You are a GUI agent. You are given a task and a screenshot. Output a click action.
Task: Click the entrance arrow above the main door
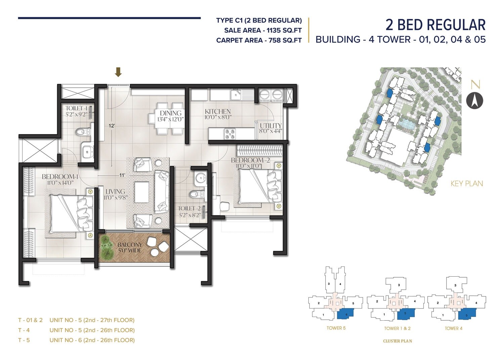[x=118, y=72]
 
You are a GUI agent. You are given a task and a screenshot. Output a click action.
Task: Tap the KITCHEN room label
[x=218, y=111]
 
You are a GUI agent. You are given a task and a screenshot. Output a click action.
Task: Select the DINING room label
[x=170, y=113]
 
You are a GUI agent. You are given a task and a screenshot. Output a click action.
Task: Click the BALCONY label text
[x=130, y=245]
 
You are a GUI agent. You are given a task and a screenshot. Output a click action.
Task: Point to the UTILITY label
[x=270, y=126]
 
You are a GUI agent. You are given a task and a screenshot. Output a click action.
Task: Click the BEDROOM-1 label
[x=60, y=177]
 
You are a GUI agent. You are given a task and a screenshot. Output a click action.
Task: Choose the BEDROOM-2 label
[x=250, y=160]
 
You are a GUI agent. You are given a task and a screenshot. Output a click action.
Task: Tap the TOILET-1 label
[x=76, y=108]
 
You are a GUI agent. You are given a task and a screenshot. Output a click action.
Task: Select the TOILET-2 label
[x=189, y=208]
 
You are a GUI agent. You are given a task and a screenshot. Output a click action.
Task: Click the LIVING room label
[x=115, y=192]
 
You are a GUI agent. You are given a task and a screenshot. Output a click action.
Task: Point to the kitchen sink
[x=236, y=94]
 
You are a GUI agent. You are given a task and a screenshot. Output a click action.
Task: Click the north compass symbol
[x=475, y=101]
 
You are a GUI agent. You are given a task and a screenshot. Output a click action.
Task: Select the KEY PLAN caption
[x=466, y=184]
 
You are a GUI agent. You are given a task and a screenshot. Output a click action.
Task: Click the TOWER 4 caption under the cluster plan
[x=454, y=328]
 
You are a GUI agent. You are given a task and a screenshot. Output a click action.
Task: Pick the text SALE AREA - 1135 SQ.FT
[x=263, y=30]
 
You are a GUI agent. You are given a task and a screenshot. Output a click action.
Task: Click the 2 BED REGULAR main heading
[x=435, y=25]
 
